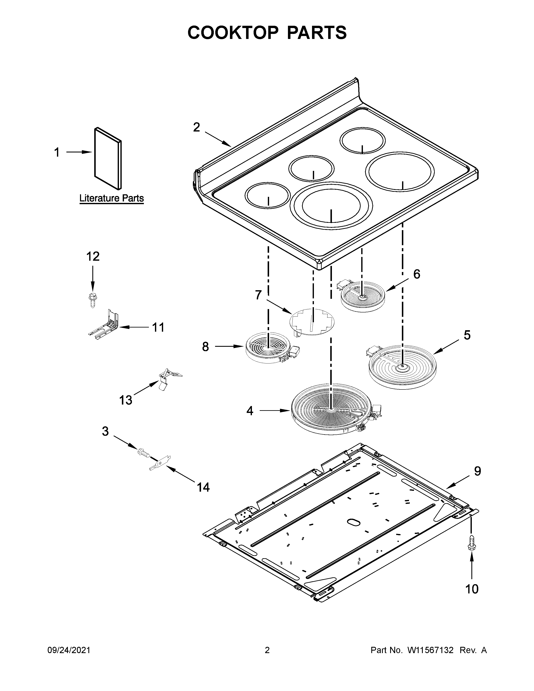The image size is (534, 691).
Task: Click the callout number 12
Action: click(93, 256)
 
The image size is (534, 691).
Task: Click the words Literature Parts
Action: click(111, 199)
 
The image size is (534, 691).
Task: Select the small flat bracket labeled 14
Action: click(160, 464)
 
